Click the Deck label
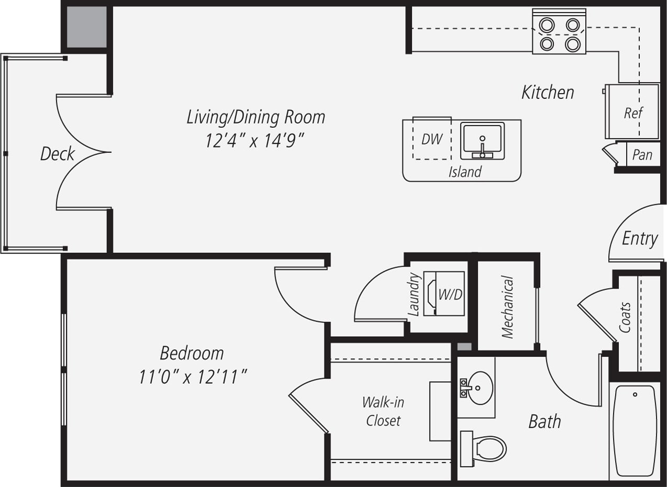(x=58, y=154)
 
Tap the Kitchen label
(x=548, y=93)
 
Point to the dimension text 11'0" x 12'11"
(x=192, y=377)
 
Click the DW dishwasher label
(x=432, y=139)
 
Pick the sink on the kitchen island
(x=482, y=140)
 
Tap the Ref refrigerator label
(x=633, y=113)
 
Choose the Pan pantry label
(x=642, y=154)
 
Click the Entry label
(x=640, y=239)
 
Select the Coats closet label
(x=625, y=317)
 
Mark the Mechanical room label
(x=507, y=307)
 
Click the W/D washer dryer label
(x=450, y=294)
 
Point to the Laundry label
(x=414, y=294)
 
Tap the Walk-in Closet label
(x=383, y=411)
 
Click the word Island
(x=465, y=172)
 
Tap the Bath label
(x=544, y=421)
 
